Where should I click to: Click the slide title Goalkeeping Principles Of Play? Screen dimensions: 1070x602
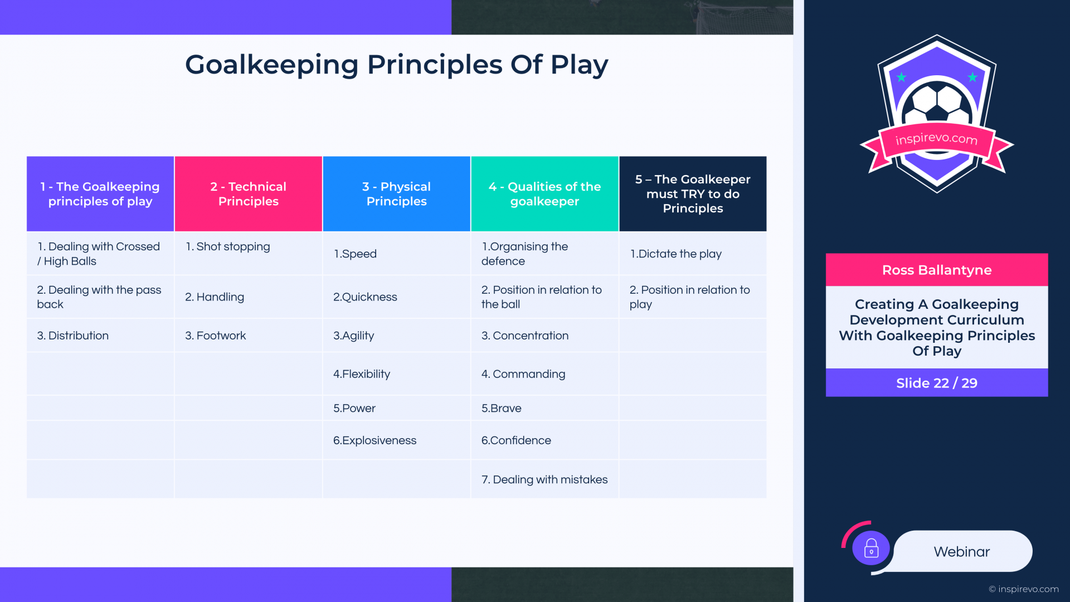click(x=396, y=65)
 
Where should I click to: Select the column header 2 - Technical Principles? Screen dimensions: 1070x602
click(x=249, y=193)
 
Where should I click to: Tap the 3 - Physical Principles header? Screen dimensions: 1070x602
click(x=396, y=193)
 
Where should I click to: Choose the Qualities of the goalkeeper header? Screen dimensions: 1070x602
click(x=544, y=193)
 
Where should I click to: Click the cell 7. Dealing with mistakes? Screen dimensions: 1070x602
click(x=544, y=479)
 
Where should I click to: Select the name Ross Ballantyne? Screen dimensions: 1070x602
click(x=937, y=270)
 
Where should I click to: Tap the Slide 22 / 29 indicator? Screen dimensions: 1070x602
click(x=937, y=383)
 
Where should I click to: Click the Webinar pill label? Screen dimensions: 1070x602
click(x=962, y=552)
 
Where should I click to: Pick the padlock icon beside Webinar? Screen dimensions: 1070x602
click(x=871, y=548)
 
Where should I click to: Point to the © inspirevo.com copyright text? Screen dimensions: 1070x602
click(x=1024, y=589)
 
